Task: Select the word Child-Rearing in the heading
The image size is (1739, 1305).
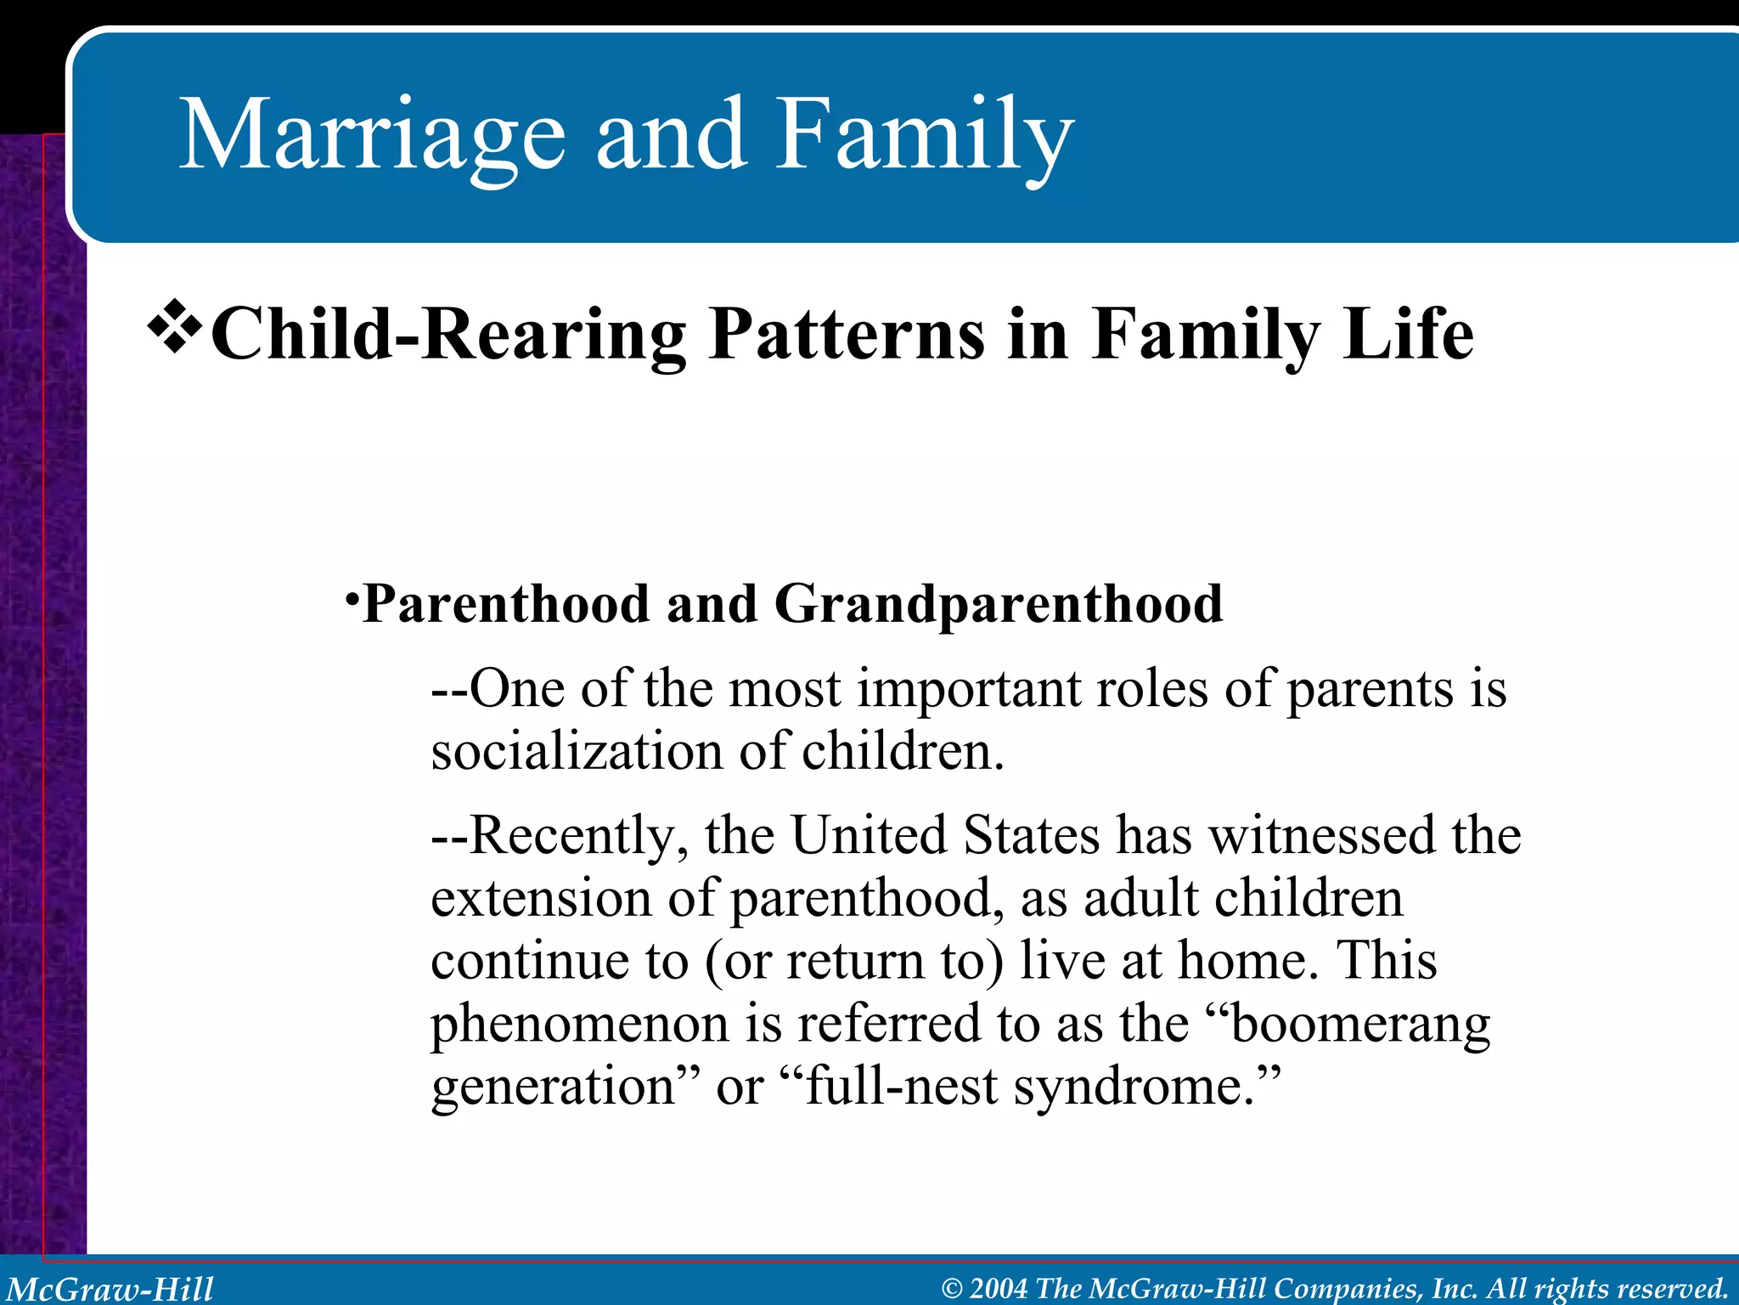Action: point(447,335)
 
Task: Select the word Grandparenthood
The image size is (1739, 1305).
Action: point(998,605)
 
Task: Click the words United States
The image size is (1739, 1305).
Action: point(945,836)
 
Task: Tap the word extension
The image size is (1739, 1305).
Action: point(540,899)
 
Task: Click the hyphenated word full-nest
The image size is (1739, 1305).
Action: point(900,1087)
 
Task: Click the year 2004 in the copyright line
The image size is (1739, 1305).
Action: point(999,1289)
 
